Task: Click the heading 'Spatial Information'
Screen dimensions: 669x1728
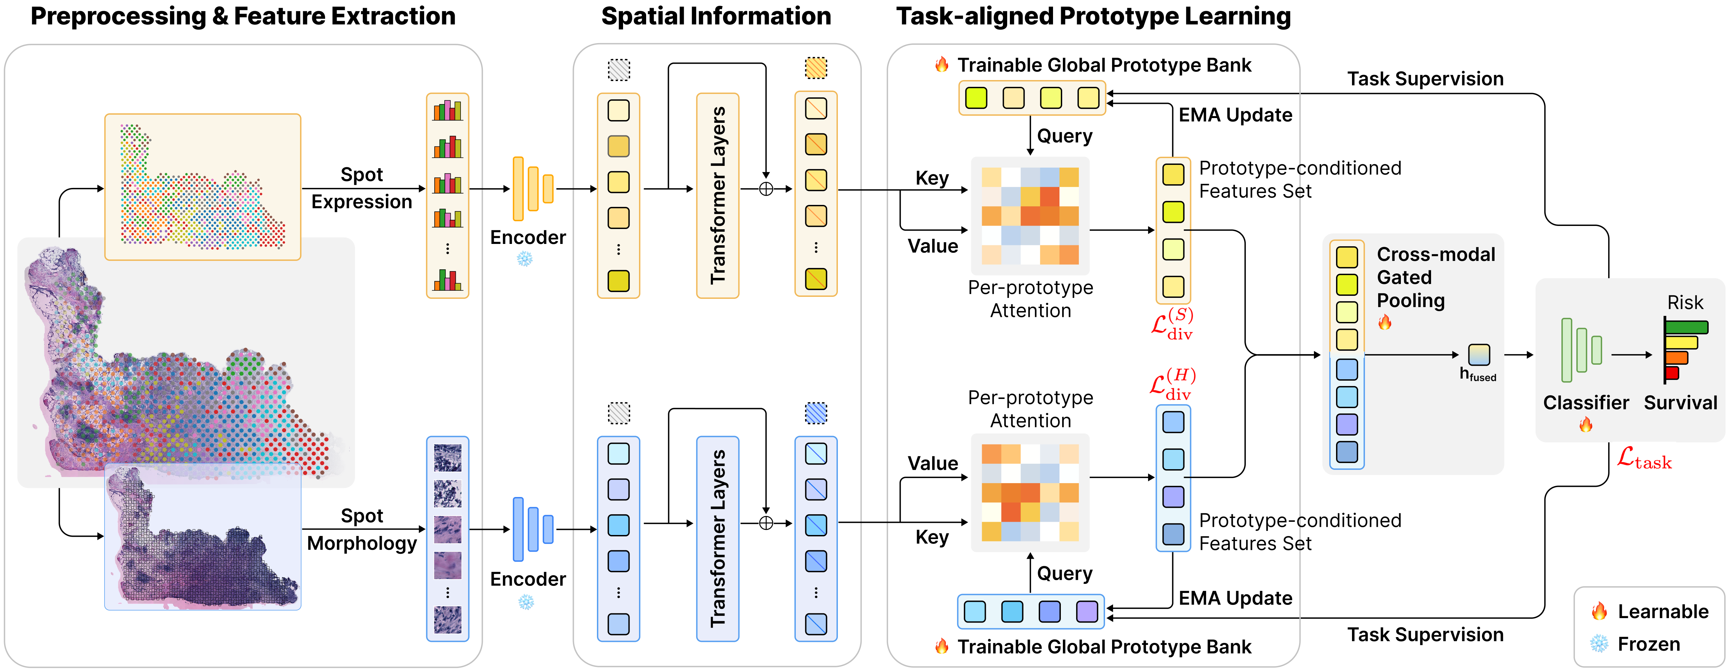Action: point(716,16)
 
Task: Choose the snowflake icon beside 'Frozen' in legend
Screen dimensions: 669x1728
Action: point(1599,644)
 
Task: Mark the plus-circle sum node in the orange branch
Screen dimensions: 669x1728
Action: point(765,189)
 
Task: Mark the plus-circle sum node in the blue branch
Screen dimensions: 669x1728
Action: point(765,523)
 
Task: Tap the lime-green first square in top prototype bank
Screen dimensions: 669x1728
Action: point(976,98)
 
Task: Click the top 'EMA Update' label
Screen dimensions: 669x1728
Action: point(1235,115)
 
